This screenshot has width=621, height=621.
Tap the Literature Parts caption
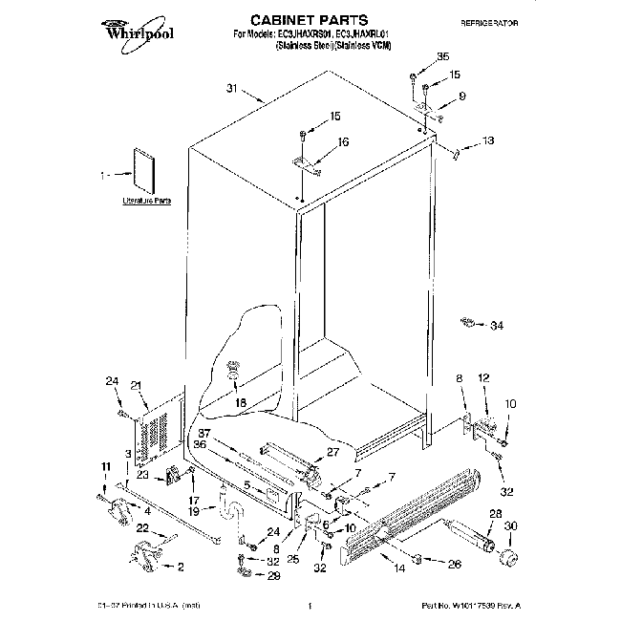[x=146, y=202]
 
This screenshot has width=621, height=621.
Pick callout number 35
[x=441, y=57]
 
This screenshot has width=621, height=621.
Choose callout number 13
[x=488, y=141]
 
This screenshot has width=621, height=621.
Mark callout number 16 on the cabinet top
[x=343, y=141]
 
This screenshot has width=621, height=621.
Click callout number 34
[x=495, y=326]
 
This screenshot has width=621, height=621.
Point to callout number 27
[x=332, y=453]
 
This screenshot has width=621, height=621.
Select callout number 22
[x=140, y=528]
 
